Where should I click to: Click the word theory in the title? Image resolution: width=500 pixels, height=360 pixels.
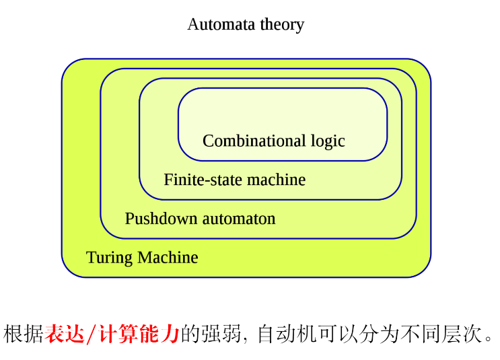click(282, 25)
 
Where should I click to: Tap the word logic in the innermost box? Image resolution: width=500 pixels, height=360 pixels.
click(328, 141)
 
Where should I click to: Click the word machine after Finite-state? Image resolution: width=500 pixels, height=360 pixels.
click(276, 180)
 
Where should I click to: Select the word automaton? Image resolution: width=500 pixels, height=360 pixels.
click(240, 219)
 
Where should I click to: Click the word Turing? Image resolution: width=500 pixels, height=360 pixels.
click(109, 258)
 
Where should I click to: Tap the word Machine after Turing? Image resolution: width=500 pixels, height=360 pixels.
click(168, 258)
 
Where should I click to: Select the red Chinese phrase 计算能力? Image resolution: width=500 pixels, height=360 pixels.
click(139, 334)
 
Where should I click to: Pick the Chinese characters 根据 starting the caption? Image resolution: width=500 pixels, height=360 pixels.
click(24, 334)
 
